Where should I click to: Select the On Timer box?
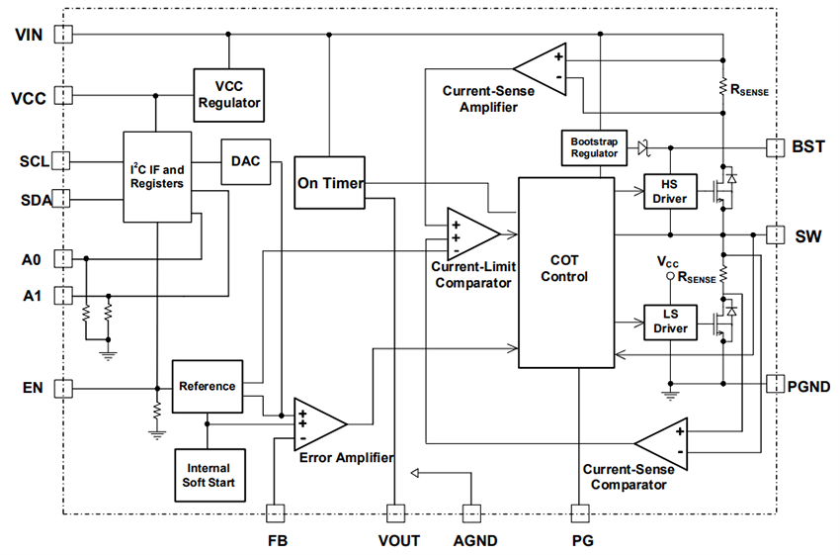pyautogui.click(x=330, y=183)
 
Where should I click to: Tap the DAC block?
pyautogui.click(x=245, y=160)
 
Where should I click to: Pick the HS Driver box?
pyautogui.click(x=670, y=192)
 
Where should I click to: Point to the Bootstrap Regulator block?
pyautogui.click(x=593, y=147)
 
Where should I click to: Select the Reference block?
pyautogui.click(x=208, y=386)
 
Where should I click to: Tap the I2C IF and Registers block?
pyautogui.click(x=156, y=176)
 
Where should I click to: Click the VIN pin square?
pyautogui.click(x=63, y=35)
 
